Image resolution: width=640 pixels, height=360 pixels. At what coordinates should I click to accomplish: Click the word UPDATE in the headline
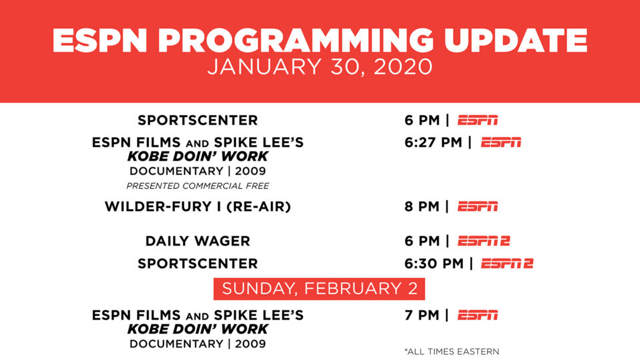tap(515, 41)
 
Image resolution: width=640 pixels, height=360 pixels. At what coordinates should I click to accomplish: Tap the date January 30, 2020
tap(319, 67)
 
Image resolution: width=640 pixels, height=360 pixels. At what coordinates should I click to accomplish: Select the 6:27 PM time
tap(433, 143)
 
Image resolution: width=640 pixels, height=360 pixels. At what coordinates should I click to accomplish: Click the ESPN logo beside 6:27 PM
tap(501, 143)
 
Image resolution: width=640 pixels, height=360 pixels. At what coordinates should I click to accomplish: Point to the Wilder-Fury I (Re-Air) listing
tap(197, 207)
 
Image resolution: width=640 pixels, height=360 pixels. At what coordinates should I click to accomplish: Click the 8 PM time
tap(421, 207)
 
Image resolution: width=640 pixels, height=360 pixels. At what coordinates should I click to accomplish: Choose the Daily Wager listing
tap(197, 241)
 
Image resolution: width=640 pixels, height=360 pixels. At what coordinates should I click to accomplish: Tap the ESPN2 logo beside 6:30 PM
tap(507, 264)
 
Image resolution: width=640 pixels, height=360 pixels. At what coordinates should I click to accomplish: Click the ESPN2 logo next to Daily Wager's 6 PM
tap(484, 241)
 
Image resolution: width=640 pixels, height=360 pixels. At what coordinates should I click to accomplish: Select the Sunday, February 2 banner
tap(319, 289)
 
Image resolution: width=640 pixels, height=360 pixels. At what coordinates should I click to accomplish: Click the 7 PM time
tap(421, 315)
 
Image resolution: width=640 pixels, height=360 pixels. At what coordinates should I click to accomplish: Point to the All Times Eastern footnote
tap(452, 351)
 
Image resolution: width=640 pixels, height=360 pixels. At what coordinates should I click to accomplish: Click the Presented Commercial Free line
tap(197, 186)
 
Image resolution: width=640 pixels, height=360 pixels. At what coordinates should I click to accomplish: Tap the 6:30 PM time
tap(434, 264)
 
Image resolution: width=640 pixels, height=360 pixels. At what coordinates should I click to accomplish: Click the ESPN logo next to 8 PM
tap(477, 207)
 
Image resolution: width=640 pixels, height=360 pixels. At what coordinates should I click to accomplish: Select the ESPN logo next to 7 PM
tap(477, 315)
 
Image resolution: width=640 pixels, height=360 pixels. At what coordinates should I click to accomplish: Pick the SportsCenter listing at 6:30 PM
tap(197, 264)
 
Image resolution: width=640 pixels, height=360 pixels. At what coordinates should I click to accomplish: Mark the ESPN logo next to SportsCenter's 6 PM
tap(477, 121)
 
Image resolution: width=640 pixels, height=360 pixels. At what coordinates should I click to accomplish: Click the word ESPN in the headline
tap(99, 41)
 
